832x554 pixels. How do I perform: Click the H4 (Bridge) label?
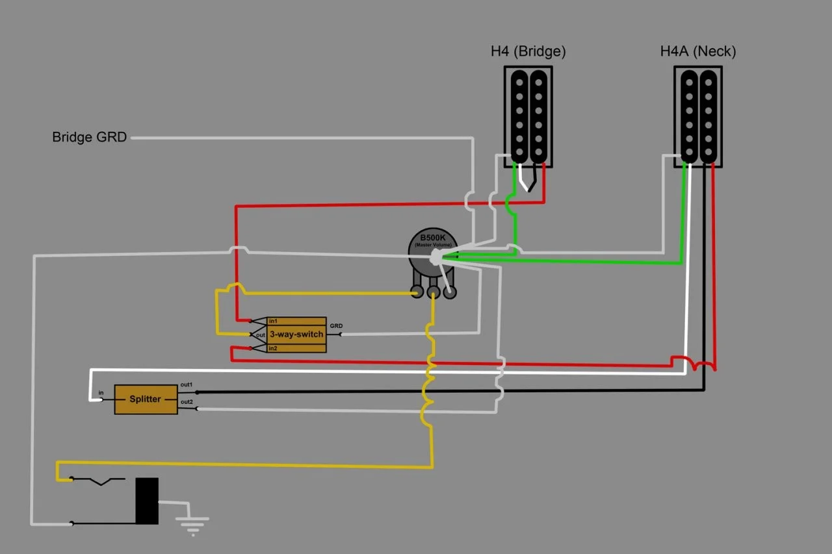(x=528, y=52)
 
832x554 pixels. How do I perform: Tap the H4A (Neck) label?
(x=698, y=52)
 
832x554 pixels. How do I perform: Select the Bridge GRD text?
(x=89, y=138)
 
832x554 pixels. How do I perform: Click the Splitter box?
(x=146, y=399)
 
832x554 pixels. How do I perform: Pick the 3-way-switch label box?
(x=296, y=334)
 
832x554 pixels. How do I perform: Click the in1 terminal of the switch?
(x=273, y=321)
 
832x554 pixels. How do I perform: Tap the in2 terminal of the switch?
(x=273, y=349)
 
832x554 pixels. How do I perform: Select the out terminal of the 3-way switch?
(x=260, y=334)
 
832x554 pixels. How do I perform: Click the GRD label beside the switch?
(x=336, y=325)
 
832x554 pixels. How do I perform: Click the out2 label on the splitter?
(x=187, y=402)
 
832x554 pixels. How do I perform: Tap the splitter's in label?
(x=101, y=393)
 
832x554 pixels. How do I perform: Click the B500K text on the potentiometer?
(x=432, y=238)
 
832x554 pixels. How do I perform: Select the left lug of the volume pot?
(x=417, y=293)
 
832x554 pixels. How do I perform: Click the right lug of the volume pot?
(x=450, y=293)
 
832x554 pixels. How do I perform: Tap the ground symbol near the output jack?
(x=192, y=523)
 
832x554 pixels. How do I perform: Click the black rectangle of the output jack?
(x=147, y=501)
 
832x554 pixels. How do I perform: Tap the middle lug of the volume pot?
(x=433, y=293)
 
